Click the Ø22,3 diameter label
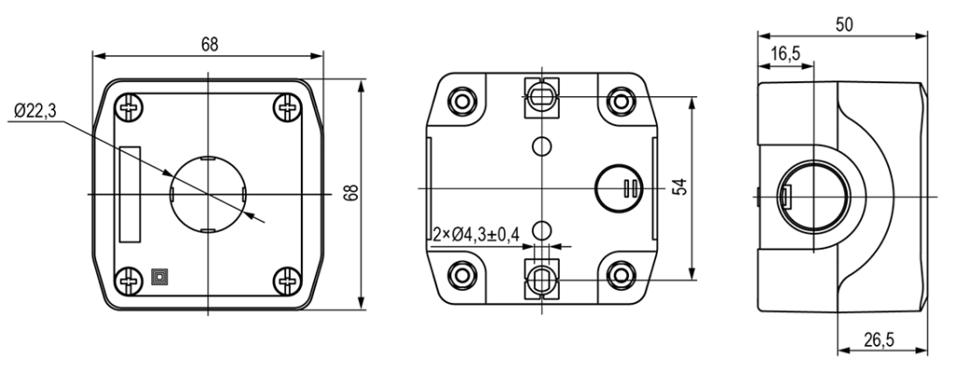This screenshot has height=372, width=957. coord(36,110)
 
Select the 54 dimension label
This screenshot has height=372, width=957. coord(679,187)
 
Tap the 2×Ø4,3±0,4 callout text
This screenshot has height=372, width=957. coord(476,234)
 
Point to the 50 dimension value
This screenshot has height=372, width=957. coord(845,24)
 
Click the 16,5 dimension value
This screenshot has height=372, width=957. coord(785,54)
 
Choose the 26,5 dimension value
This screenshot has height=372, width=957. coord(878,339)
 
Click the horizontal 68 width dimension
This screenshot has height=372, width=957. coord(209,44)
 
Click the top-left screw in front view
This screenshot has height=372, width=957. coord(129,107)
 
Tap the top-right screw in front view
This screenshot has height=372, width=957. coord(287,107)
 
